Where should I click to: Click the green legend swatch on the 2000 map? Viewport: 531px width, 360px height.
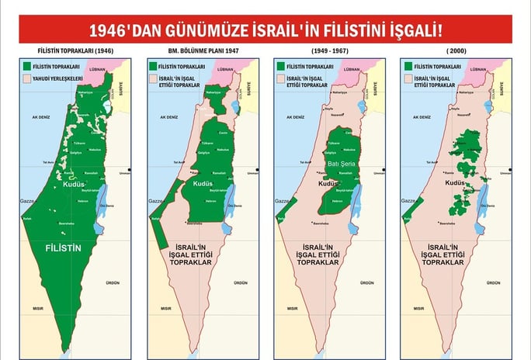pos(408,67)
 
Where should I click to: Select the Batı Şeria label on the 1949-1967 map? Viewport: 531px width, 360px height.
pos(340,164)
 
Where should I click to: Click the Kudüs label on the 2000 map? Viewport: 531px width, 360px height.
pos(455,184)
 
